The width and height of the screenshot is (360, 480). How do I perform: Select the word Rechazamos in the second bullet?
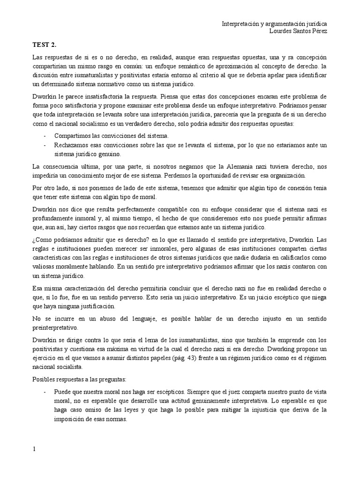72,145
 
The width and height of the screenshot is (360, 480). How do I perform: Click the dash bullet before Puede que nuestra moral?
44,390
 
